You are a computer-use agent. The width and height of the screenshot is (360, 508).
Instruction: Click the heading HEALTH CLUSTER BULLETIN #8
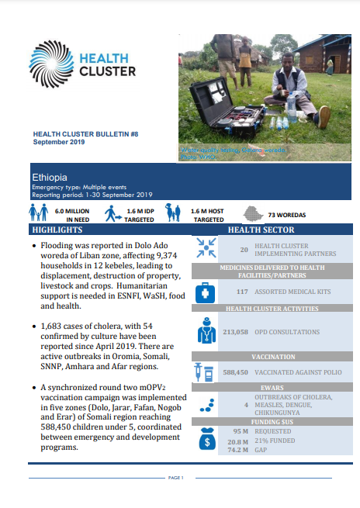[76, 134]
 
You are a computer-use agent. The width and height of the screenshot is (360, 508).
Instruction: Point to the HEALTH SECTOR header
[261, 230]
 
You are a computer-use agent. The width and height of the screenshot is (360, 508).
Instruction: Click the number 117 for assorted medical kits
[241, 292]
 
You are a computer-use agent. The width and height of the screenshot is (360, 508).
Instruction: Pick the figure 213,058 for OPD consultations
[234, 332]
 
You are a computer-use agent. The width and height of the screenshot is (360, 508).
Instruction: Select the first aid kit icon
[206, 292]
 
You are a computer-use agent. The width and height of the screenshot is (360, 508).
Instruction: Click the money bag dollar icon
[207, 439]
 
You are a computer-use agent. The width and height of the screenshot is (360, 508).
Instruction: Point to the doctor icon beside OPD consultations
[206, 331]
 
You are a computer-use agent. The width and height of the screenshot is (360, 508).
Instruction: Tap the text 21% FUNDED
[272, 440]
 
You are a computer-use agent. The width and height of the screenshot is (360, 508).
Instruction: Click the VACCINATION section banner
[261, 357]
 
